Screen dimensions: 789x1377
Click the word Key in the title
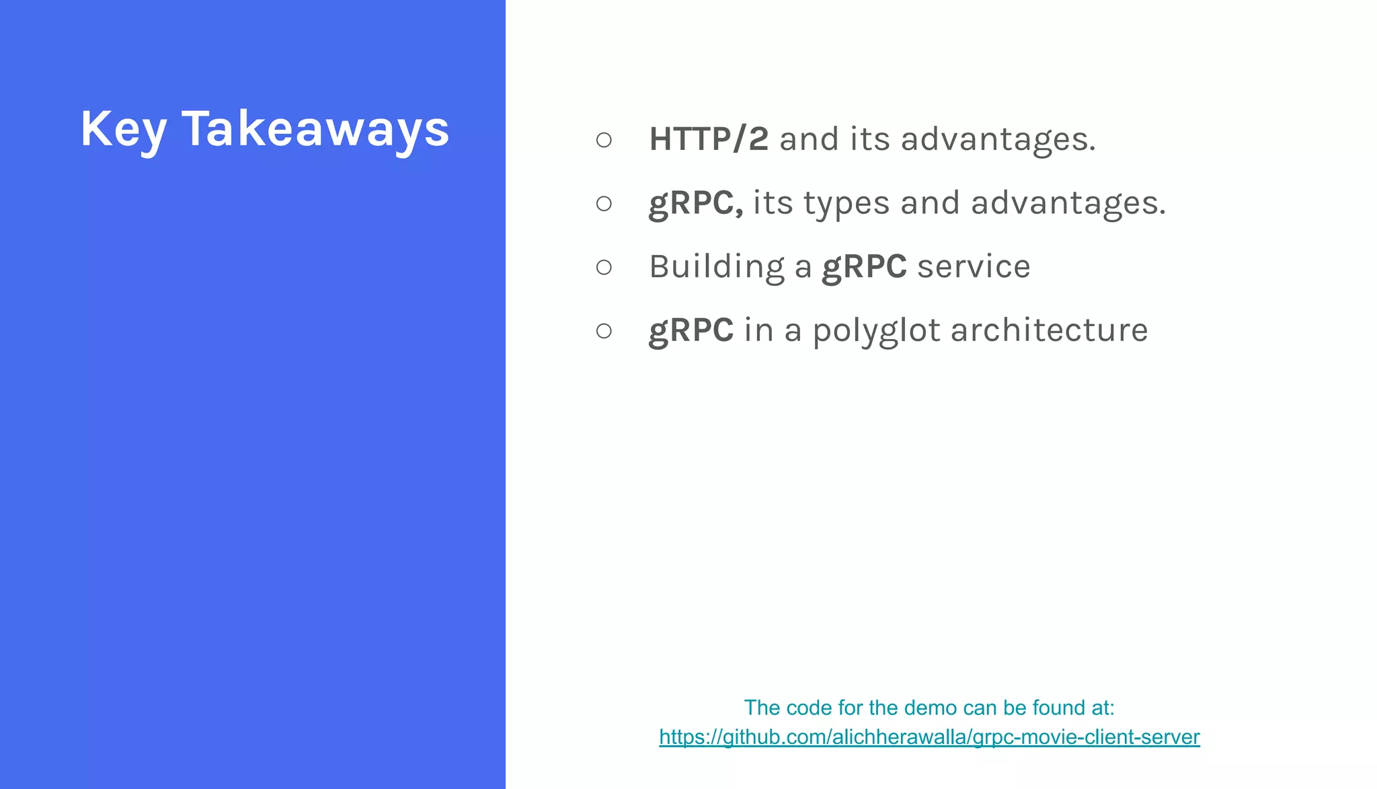[123, 129]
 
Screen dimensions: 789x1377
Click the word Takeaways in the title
[315, 129]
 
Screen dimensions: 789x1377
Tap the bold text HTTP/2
[708, 139]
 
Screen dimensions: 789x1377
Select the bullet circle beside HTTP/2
[604, 140]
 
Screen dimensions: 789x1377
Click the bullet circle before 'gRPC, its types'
[604, 203]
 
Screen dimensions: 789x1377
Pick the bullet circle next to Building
[604, 267]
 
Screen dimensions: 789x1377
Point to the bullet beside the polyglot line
[604, 330]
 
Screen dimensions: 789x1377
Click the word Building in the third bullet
[717, 267]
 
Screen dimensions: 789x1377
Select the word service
[974, 267]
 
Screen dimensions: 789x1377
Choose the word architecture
[1049, 330]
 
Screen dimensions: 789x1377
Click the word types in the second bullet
[847, 204]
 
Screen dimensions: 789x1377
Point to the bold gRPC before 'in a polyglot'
[691, 330]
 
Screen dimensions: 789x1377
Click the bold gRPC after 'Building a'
[864, 267]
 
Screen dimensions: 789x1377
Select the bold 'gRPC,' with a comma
[695, 203]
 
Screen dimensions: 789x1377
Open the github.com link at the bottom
[929, 737]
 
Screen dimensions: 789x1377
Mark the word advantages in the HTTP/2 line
[998, 140]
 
